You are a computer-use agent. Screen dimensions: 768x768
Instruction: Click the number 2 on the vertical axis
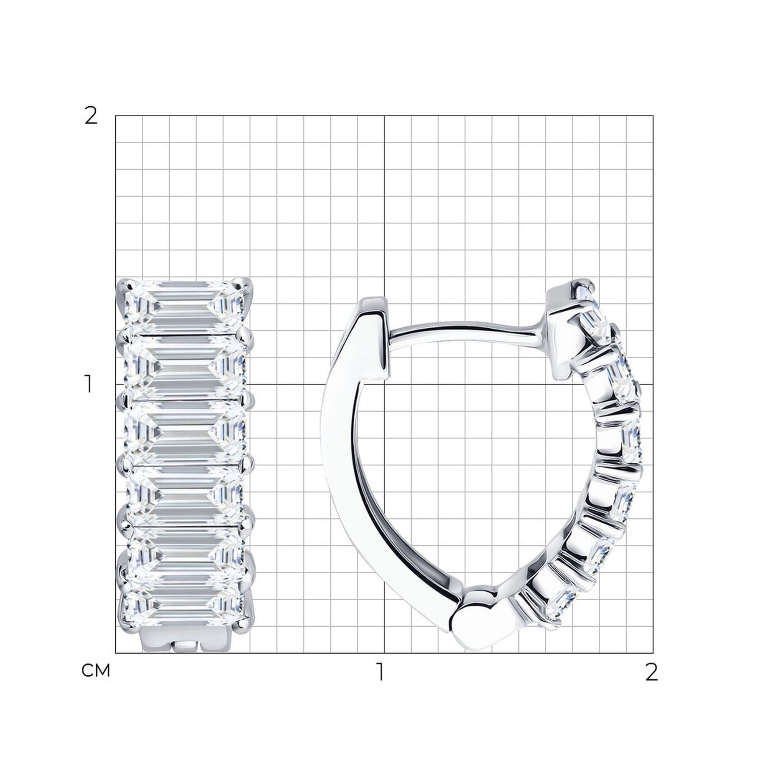coord(91,116)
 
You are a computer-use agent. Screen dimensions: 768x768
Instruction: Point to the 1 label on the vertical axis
coord(89,384)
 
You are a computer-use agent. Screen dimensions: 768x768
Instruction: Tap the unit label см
coord(95,671)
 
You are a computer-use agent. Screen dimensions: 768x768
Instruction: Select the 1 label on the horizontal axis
coord(381,672)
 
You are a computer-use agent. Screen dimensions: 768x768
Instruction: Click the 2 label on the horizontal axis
coord(651,672)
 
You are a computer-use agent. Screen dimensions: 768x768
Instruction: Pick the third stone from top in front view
coord(185,432)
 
